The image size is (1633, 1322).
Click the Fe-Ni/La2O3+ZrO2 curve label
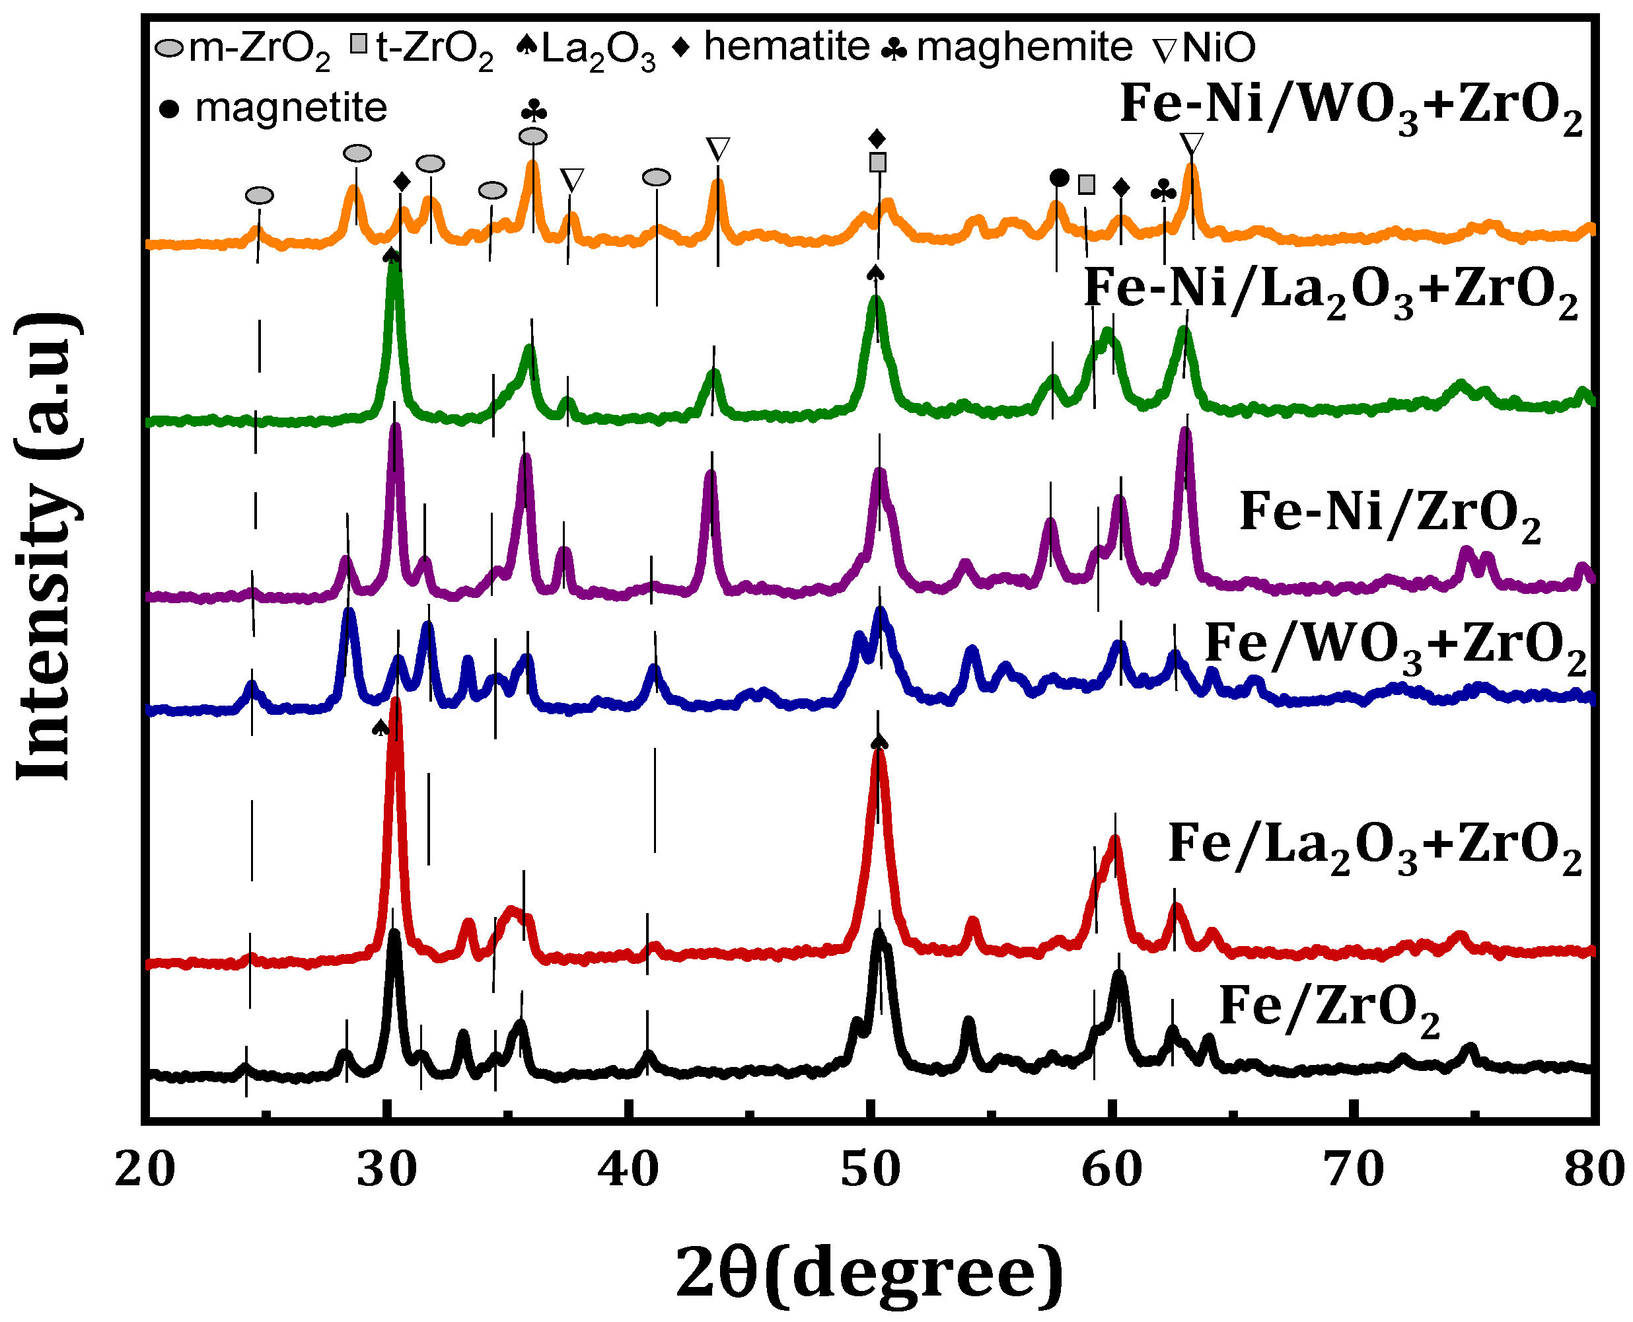coord(1330,293)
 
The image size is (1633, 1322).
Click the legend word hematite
coord(786,46)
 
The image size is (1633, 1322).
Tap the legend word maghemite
coord(1024,47)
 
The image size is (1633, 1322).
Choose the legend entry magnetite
coord(291,108)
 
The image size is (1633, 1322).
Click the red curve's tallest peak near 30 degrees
coord(395,702)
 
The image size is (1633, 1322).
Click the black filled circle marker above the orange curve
coord(1059,178)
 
